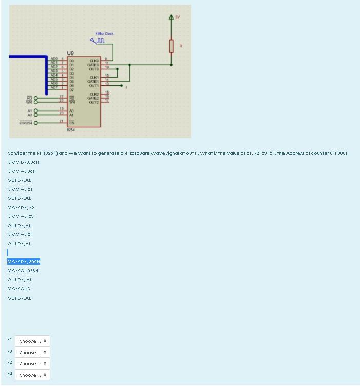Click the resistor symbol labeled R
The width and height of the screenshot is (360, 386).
(172, 46)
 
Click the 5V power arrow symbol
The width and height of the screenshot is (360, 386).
(172, 19)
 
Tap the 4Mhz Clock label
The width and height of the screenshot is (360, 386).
(105, 33)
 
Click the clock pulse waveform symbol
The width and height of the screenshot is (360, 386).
(98, 41)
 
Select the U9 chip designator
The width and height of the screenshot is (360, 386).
(71, 53)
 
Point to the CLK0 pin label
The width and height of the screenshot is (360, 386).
(94, 60)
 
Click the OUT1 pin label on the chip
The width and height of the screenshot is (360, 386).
(93, 85)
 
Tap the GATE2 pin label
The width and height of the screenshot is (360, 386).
(93, 98)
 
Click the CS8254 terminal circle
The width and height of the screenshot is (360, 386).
(36, 122)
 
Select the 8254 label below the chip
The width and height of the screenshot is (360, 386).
(71, 130)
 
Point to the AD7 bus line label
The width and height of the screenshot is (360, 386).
(53, 88)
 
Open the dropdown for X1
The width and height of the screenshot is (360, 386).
(33, 341)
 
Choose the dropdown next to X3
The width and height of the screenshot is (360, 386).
(33, 353)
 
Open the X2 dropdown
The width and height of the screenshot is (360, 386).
(33, 364)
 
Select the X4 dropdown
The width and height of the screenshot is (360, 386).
(33, 375)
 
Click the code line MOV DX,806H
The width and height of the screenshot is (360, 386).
(23, 162)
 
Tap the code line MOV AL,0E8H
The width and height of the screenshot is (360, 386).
(23, 271)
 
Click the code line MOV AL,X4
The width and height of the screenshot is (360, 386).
(20, 234)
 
